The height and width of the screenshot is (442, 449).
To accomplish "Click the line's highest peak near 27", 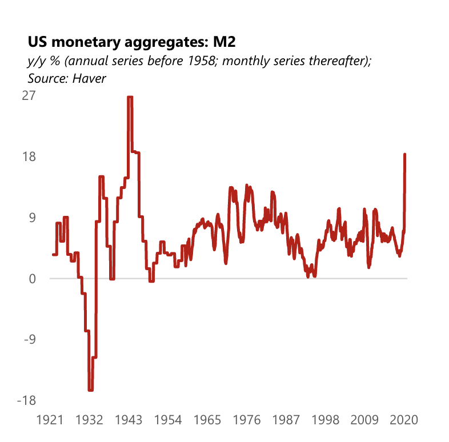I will click(130, 98).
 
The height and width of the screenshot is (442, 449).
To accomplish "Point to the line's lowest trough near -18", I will click(91, 390).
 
